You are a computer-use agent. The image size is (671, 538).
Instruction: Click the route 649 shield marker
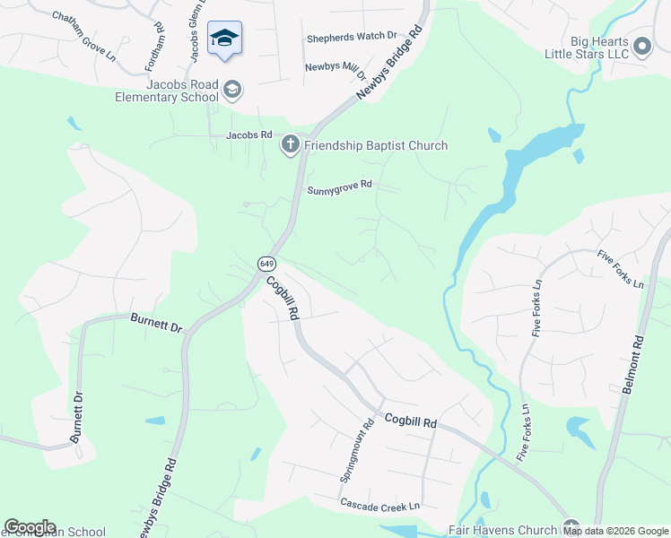(266, 264)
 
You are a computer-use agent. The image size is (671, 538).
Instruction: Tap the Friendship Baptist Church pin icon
(291, 145)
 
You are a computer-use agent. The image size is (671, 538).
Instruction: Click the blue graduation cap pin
(224, 39)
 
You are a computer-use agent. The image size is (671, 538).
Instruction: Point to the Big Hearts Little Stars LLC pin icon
(642, 47)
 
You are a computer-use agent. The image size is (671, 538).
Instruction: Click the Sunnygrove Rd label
(339, 188)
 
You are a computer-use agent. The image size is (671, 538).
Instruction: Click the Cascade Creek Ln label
(379, 506)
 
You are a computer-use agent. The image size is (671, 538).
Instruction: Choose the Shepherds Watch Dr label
(352, 37)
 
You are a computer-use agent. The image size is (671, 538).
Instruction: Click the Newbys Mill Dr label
(336, 67)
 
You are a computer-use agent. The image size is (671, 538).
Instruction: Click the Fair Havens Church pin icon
(569, 527)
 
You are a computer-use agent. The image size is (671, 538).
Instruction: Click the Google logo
(30, 527)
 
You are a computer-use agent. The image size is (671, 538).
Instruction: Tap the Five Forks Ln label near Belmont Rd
(621, 269)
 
